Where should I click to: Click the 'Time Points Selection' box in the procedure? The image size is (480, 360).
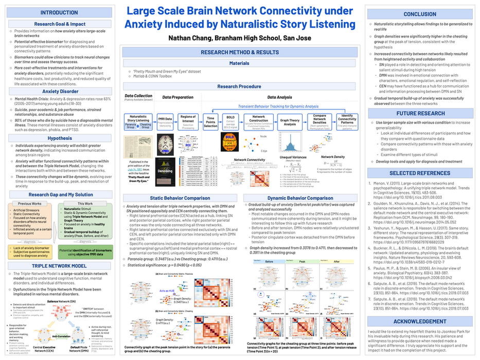point(211,122)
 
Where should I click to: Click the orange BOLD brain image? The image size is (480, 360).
point(229,142)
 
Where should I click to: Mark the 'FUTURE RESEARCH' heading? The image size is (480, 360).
point(420,113)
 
